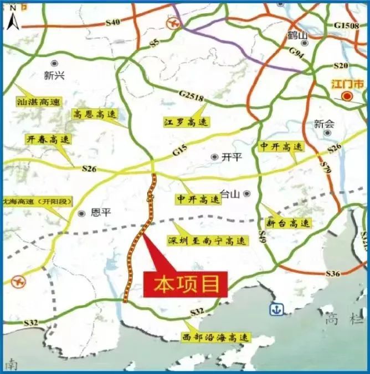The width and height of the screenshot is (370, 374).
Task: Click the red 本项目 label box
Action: (186, 285)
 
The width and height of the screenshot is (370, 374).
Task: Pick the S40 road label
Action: (112, 22)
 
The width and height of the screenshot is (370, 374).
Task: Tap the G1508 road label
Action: (347, 26)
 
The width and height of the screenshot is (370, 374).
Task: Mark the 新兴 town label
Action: (54, 76)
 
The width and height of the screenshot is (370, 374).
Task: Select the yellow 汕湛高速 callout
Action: (39, 102)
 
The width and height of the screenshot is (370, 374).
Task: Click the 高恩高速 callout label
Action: (95, 114)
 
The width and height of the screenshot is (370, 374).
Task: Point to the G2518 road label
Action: (192, 98)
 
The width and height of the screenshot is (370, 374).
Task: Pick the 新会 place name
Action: (324, 124)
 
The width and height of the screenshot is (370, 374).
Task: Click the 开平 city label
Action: (232, 157)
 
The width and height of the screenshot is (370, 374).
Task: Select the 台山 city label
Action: (230, 193)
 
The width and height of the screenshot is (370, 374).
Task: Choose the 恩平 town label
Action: (100, 213)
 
